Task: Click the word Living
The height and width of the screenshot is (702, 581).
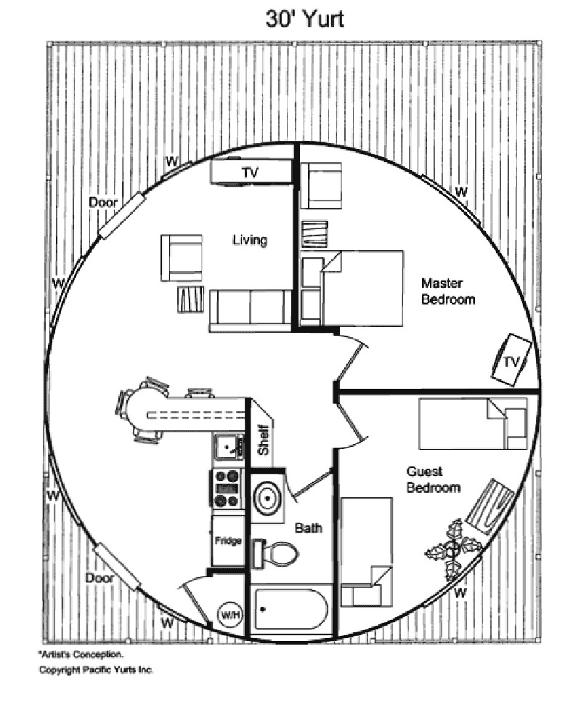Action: [x=250, y=240]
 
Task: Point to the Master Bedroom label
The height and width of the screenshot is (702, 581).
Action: [x=448, y=291]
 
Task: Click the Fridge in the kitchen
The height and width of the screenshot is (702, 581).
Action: [x=227, y=540]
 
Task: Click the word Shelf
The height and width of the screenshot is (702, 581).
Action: [x=263, y=439]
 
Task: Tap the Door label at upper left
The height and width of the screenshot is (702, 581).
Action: [x=103, y=202]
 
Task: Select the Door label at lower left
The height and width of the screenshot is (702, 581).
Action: [x=99, y=578]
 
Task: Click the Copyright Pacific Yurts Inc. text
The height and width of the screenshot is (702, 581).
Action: [x=96, y=669]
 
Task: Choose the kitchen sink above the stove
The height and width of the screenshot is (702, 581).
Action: [x=229, y=445]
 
